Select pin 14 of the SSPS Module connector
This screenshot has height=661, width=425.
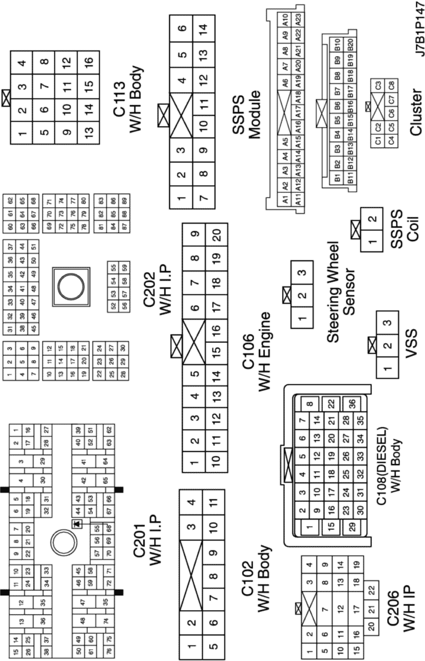pos(203,28)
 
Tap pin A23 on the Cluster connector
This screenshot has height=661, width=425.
pos(298,19)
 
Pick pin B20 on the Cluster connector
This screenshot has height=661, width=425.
pos(350,44)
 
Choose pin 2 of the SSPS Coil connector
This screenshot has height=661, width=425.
pos(372,218)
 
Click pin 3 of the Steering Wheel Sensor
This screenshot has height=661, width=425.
pos(302,272)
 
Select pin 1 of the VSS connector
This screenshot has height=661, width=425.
pos(388,367)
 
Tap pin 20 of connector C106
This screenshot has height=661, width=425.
pos(216,235)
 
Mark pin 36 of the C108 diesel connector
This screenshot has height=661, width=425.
pos(352,403)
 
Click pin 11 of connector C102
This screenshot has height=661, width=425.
pos(214,502)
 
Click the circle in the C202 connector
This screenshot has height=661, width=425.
pos(71,286)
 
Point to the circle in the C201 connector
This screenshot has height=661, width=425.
pos(63,541)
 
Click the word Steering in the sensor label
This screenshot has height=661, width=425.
pos(333,291)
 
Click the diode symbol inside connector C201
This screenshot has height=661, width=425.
pos(77,523)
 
